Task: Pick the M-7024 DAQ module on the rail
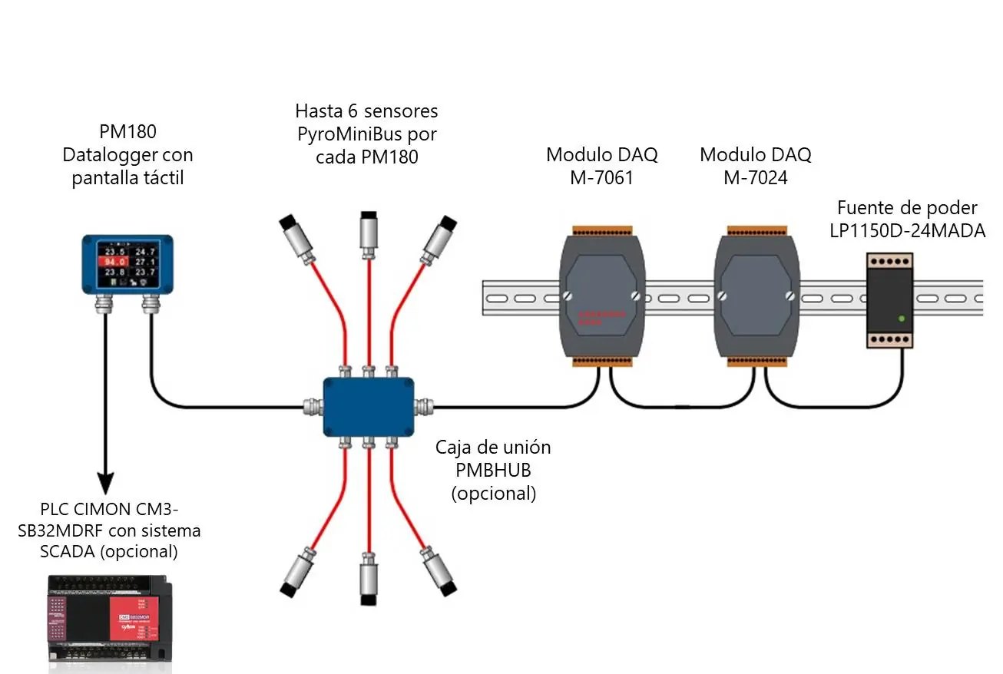click(756, 296)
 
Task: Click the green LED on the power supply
click(901, 318)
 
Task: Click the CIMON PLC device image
click(108, 622)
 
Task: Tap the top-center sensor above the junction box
click(369, 230)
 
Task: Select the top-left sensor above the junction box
click(297, 239)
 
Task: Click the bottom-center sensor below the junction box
click(369, 583)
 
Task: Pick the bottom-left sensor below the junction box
click(299, 572)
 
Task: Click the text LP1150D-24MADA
click(907, 230)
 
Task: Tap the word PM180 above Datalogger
click(127, 131)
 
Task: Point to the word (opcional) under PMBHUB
click(493, 493)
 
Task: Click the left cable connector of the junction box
click(313, 406)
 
